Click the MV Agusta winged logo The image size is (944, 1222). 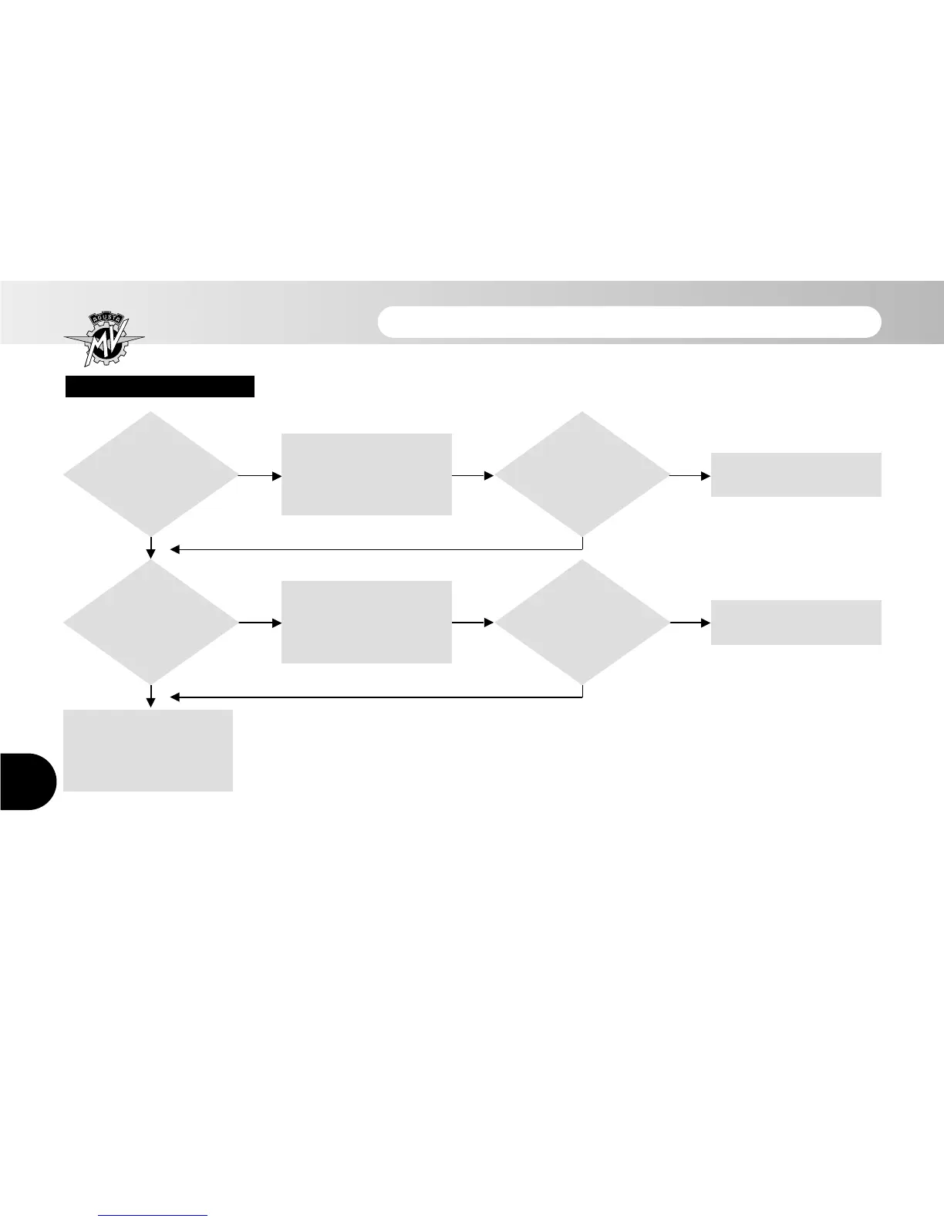[104, 340]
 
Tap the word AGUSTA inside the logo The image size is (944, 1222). [104, 321]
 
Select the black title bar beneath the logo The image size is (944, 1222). [160, 387]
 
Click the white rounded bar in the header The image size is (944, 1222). [629, 322]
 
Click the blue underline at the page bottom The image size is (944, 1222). [153, 1215]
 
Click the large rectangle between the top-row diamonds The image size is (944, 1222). [366, 474]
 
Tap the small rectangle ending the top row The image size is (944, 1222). [796, 474]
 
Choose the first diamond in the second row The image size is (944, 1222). [151, 622]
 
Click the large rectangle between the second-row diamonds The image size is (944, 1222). [366, 622]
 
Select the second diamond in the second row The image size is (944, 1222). [582, 622]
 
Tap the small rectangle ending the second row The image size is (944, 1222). [796, 622]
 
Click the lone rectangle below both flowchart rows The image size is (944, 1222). [147, 750]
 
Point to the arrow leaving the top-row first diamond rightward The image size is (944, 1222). [261, 476]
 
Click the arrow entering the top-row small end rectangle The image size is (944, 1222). [690, 476]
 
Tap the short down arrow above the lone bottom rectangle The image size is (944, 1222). [151, 695]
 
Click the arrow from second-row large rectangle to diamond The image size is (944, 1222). [473, 622]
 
